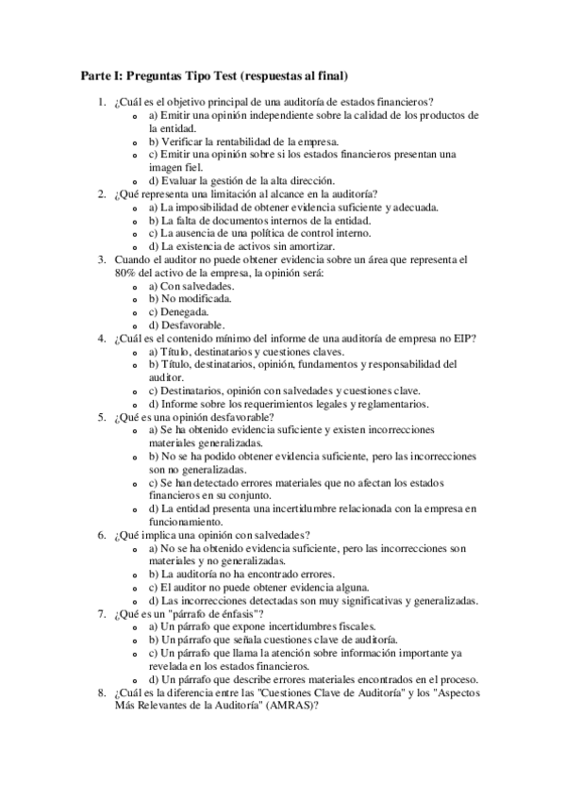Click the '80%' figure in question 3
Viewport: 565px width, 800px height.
[127, 272]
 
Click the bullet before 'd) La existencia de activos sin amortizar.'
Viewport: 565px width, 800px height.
[140, 246]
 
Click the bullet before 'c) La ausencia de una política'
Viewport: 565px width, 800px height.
[140, 233]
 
